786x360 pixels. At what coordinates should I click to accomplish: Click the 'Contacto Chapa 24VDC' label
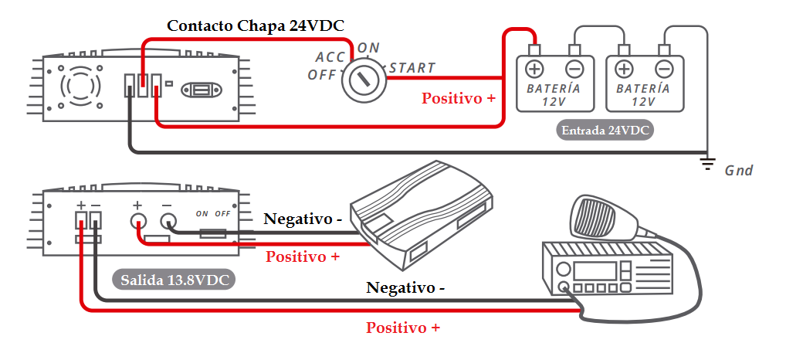tap(256, 25)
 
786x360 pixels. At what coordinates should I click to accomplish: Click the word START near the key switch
tap(412, 68)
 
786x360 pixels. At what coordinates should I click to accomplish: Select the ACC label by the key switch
tap(330, 57)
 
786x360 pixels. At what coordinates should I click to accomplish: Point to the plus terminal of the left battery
tap(534, 69)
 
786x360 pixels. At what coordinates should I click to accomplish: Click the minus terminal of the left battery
tap(574, 69)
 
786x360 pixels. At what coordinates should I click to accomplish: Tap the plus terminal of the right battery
tap(625, 69)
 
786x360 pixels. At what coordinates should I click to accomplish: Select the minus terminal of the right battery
tap(664, 69)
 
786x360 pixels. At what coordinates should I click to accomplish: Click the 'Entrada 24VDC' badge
tap(605, 130)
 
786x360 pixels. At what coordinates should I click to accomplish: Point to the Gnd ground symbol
tap(706, 163)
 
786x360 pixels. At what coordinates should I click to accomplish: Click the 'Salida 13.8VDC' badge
tap(174, 280)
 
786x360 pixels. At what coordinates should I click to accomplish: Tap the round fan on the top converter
tap(81, 83)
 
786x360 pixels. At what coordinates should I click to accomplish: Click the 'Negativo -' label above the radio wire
tap(405, 288)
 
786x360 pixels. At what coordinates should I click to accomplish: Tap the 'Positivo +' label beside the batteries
tap(459, 99)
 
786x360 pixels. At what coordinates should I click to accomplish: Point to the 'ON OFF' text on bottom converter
tap(213, 213)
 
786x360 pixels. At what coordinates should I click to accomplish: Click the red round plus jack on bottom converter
tap(138, 223)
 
